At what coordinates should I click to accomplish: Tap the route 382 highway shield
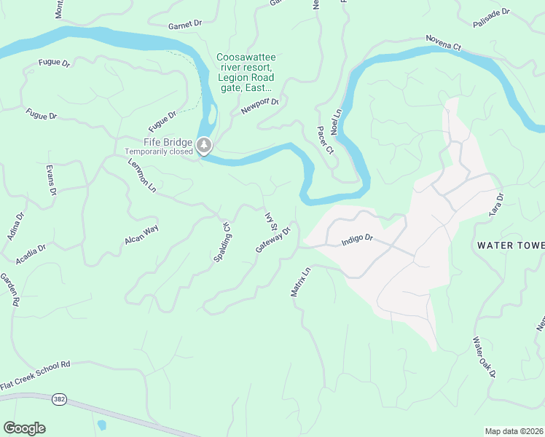59,400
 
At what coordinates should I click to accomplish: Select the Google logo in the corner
24,428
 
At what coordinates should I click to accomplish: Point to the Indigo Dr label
357,238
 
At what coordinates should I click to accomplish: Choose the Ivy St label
271,221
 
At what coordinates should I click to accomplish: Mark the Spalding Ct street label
226,237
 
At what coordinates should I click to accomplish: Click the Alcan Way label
141,235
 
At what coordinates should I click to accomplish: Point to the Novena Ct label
444,42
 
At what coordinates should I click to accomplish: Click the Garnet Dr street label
184,24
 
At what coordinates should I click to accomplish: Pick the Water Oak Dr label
484,357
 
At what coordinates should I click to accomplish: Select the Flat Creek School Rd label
34,374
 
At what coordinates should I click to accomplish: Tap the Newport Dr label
260,107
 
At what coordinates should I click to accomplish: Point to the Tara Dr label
497,206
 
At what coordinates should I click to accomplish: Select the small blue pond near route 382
101,424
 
